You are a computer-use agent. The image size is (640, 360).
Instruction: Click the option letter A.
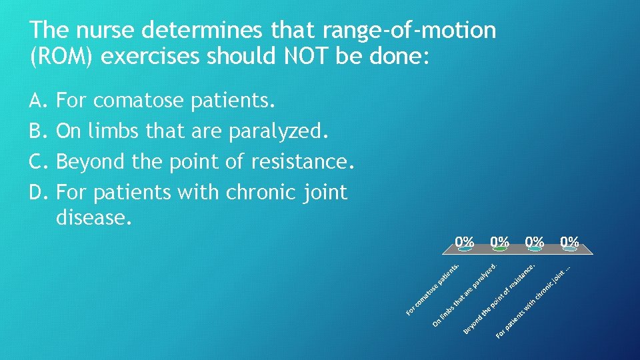pyautogui.click(x=37, y=101)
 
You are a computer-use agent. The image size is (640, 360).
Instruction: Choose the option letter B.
pyautogui.click(x=37, y=131)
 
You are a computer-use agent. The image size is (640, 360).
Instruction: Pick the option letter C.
pyautogui.click(x=37, y=162)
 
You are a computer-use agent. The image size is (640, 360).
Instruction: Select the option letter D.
pyautogui.click(x=37, y=193)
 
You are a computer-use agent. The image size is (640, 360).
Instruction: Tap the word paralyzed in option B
pyautogui.click(x=278, y=131)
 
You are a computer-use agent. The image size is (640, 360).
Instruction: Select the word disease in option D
pyautogui.click(x=92, y=217)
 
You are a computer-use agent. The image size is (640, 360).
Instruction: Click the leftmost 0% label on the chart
pyautogui.click(x=465, y=241)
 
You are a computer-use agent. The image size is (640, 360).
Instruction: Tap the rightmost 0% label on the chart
pyautogui.click(x=569, y=241)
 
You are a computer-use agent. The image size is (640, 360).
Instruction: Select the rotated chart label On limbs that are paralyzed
pyautogui.click(x=465, y=295)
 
